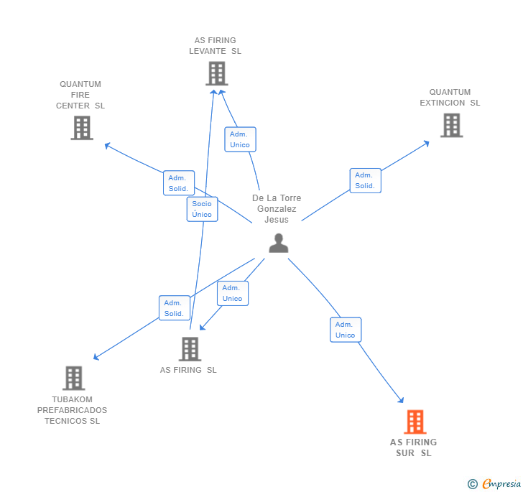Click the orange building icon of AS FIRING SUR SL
(415, 422)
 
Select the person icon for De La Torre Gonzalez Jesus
(278, 243)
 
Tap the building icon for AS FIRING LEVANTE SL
(216, 73)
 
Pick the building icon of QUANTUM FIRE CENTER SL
(82, 128)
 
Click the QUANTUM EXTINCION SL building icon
(451, 125)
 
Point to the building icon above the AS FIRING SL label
(190, 349)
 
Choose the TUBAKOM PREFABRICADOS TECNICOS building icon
(73, 378)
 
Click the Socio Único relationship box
(202, 209)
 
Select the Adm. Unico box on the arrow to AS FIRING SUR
(345, 330)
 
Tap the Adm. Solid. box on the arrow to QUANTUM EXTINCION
(365, 180)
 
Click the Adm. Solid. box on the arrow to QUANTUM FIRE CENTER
(178, 183)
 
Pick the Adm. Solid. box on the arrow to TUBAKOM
(174, 308)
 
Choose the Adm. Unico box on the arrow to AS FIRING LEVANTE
(240, 139)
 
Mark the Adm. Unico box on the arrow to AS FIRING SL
(232, 293)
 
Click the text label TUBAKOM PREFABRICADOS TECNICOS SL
(72, 410)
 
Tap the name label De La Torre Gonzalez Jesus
(277, 208)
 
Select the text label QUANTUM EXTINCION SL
(450, 97)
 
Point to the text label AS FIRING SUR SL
(413, 447)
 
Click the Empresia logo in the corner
(501, 483)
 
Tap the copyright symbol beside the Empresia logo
(472, 484)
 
